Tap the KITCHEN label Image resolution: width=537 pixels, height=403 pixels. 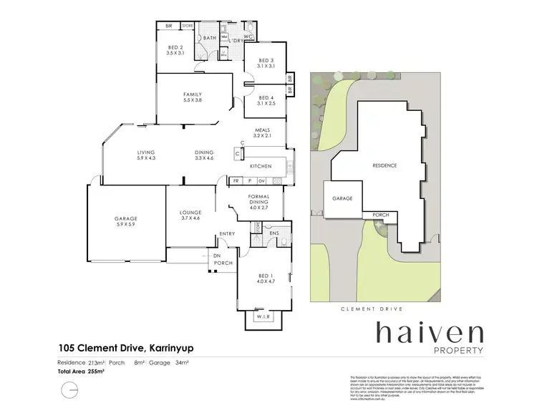(x=258, y=166)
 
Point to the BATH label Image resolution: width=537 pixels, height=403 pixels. (x=210, y=37)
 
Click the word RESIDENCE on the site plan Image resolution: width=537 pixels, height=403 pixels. (x=384, y=165)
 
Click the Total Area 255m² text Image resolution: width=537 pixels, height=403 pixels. (x=82, y=372)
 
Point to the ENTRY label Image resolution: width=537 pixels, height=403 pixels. (x=227, y=233)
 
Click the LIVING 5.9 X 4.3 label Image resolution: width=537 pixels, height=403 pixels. (x=147, y=155)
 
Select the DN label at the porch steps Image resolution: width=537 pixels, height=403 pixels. (x=216, y=256)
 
